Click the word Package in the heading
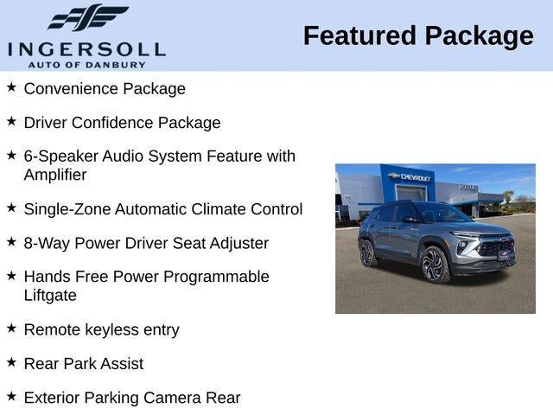479,36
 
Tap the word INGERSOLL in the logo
86,48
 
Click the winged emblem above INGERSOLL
87,18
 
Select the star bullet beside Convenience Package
11,87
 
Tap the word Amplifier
55,175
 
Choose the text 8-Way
47,244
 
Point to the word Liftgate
50,296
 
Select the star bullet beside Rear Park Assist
11,362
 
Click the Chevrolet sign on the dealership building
410,176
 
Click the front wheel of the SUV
434,265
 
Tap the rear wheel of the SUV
367,252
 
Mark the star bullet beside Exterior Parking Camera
11,396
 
